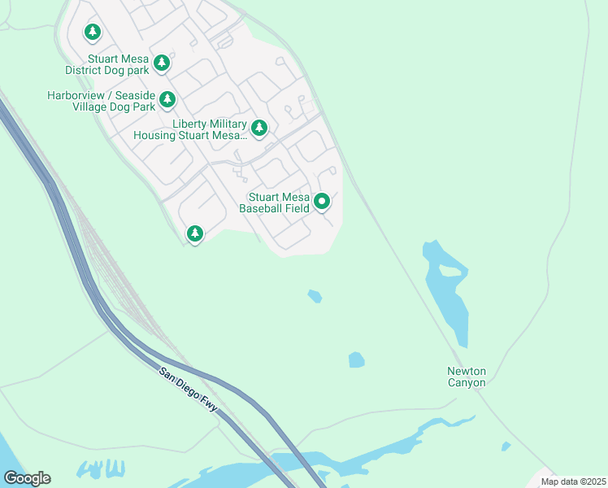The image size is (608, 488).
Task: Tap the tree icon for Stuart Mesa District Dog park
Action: coord(162,62)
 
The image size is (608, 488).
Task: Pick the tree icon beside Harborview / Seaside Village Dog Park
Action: coord(167,99)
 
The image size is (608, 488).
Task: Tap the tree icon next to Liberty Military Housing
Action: coord(258,127)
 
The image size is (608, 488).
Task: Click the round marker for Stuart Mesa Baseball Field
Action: coord(322,202)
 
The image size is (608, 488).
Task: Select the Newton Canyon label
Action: coord(467,377)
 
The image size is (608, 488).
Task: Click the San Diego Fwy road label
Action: coord(189,390)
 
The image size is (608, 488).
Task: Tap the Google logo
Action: coord(27,477)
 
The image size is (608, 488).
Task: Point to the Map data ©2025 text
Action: coord(573,481)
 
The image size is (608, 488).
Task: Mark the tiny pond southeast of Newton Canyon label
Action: coord(506,446)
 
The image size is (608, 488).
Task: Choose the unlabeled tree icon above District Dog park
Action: coord(93,32)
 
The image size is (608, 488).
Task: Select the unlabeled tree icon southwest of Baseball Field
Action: coord(194,234)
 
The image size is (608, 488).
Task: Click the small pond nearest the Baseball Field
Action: coord(315,296)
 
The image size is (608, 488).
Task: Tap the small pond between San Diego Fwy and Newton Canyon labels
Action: coord(356,359)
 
